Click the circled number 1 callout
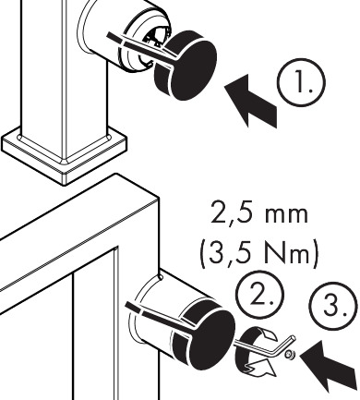(x=301, y=83)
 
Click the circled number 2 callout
(x=260, y=295)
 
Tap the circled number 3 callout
(x=333, y=307)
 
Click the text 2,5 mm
(x=259, y=213)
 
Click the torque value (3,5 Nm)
(x=259, y=254)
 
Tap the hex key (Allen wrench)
(x=265, y=348)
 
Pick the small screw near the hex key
(x=289, y=355)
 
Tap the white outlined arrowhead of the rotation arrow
(x=260, y=368)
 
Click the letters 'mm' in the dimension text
(x=286, y=215)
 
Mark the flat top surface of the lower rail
(x=77, y=228)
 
